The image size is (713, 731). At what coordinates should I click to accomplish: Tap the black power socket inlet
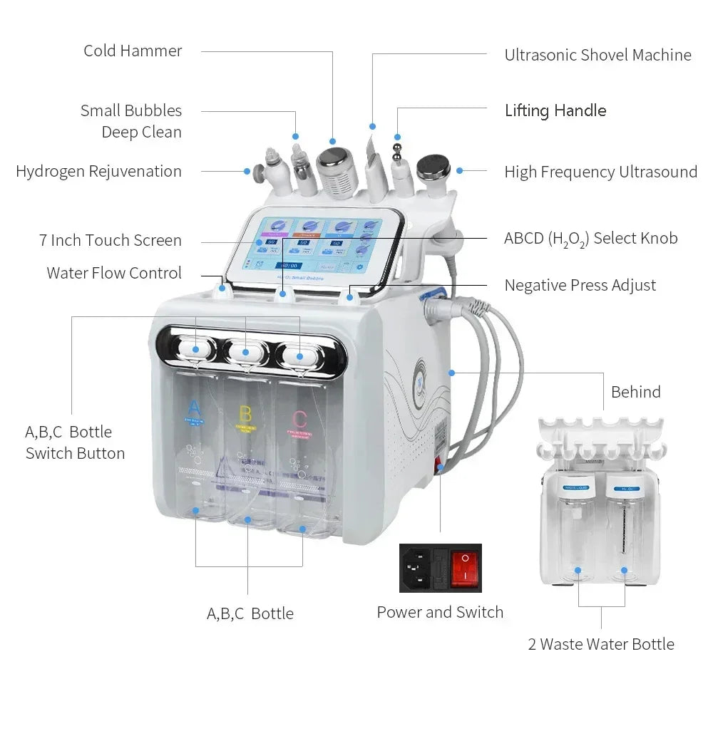pyautogui.click(x=416, y=568)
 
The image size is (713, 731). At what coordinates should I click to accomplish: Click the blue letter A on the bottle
pyautogui.click(x=193, y=408)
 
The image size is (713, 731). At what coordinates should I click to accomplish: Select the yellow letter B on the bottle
pyautogui.click(x=245, y=413)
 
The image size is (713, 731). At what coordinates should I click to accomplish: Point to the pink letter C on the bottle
pyautogui.click(x=299, y=418)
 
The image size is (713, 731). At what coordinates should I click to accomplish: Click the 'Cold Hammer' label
pyautogui.click(x=133, y=51)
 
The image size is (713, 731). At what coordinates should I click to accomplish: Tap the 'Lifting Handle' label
pyautogui.click(x=555, y=110)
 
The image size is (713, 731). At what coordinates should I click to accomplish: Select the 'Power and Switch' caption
pyautogui.click(x=440, y=612)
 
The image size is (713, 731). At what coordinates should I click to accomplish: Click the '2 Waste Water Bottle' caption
pyautogui.click(x=600, y=644)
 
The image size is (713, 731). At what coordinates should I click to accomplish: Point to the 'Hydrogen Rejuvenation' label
pyautogui.click(x=98, y=171)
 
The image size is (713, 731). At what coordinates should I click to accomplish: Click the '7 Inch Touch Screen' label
pyautogui.click(x=110, y=240)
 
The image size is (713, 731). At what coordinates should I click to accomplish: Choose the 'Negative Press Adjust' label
pyautogui.click(x=580, y=285)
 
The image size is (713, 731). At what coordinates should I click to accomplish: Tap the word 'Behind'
pyautogui.click(x=635, y=392)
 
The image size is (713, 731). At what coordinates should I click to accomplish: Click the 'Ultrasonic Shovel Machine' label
pyautogui.click(x=597, y=55)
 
